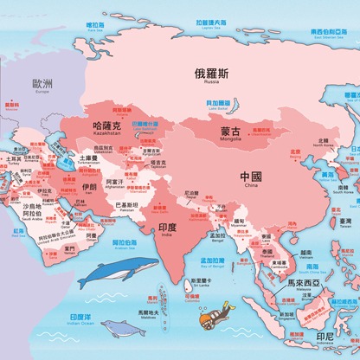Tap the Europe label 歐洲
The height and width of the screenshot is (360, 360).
(x=42, y=84)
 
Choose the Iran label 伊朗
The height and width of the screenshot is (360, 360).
(x=89, y=186)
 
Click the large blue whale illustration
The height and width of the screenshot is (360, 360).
(x=119, y=272)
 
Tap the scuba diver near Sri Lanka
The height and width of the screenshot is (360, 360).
(x=213, y=317)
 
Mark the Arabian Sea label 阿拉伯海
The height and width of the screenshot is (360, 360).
(x=124, y=243)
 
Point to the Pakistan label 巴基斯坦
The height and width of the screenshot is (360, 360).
(x=131, y=205)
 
